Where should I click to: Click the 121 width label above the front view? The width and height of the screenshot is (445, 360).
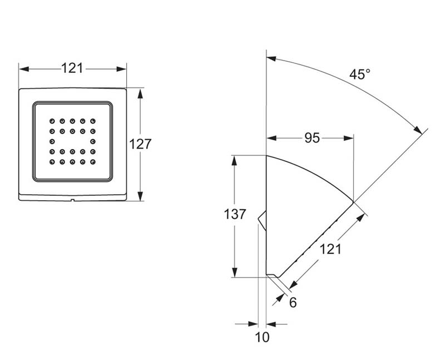[x=72, y=68]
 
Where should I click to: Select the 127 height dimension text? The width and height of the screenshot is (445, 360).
[x=140, y=144]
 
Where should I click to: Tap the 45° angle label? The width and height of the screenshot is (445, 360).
[x=360, y=74]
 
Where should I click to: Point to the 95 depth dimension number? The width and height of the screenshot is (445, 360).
[x=312, y=138]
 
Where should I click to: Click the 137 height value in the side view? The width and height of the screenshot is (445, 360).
[x=234, y=214]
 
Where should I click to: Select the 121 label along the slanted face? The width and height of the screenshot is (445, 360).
[x=330, y=250]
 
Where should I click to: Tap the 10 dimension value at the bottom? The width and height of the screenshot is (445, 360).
[x=263, y=337]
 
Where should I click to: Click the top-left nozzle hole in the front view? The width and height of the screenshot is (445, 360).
[x=52, y=120]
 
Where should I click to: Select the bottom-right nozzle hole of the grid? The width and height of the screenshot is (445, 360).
[x=92, y=162]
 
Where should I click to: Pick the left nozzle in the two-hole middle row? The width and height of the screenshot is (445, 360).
[x=52, y=141]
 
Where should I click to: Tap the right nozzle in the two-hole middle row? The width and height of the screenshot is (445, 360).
[x=92, y=141]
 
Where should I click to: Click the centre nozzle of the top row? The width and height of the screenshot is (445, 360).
[x=72, y=120]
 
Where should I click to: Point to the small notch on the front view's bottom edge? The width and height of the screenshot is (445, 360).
[x=72, y=199]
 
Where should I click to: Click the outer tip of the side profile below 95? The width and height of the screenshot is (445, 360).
[x=353, y=201]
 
